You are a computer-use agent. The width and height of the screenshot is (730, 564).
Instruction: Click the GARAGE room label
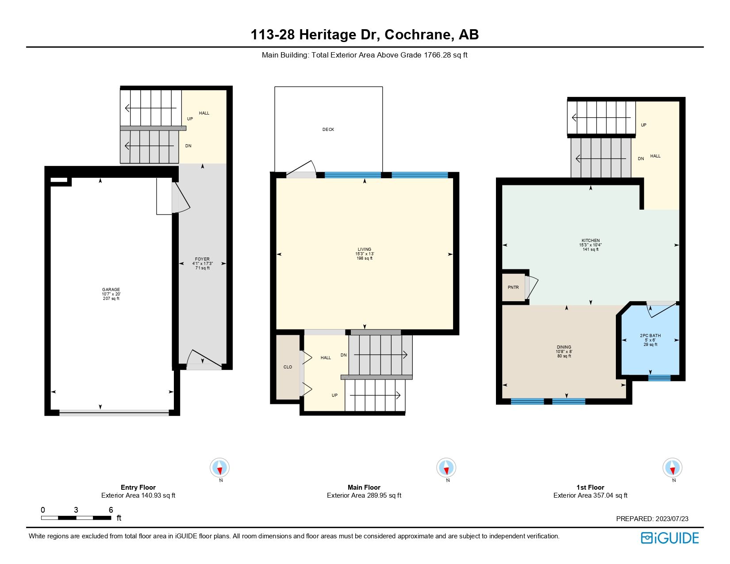111,290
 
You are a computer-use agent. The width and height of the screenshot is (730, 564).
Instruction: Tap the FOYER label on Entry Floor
202,259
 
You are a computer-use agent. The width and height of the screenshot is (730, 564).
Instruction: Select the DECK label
328,130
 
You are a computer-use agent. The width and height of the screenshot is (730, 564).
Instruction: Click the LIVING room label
365,249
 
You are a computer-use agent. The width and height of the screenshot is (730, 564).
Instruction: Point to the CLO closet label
288,367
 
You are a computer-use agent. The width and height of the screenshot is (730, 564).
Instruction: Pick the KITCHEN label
591,241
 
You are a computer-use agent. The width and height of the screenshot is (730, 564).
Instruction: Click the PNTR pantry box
513,288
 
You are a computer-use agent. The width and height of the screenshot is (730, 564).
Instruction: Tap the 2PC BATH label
650,336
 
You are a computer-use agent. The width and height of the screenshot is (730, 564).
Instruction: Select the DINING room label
564,347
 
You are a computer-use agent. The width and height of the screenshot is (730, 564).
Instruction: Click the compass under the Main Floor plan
446,468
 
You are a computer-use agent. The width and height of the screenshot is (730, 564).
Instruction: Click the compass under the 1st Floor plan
672,468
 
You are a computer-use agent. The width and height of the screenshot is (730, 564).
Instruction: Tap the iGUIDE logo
670,538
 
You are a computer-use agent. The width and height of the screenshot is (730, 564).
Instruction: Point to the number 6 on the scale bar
111,510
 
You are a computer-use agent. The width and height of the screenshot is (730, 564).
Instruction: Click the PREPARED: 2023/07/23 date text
652,519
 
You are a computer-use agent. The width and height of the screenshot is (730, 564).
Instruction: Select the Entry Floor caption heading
138,487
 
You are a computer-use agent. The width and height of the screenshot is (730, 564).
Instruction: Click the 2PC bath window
659,378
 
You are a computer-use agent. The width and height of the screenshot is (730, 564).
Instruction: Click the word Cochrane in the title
419,35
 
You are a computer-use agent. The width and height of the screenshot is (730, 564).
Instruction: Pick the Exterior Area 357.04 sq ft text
590,495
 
